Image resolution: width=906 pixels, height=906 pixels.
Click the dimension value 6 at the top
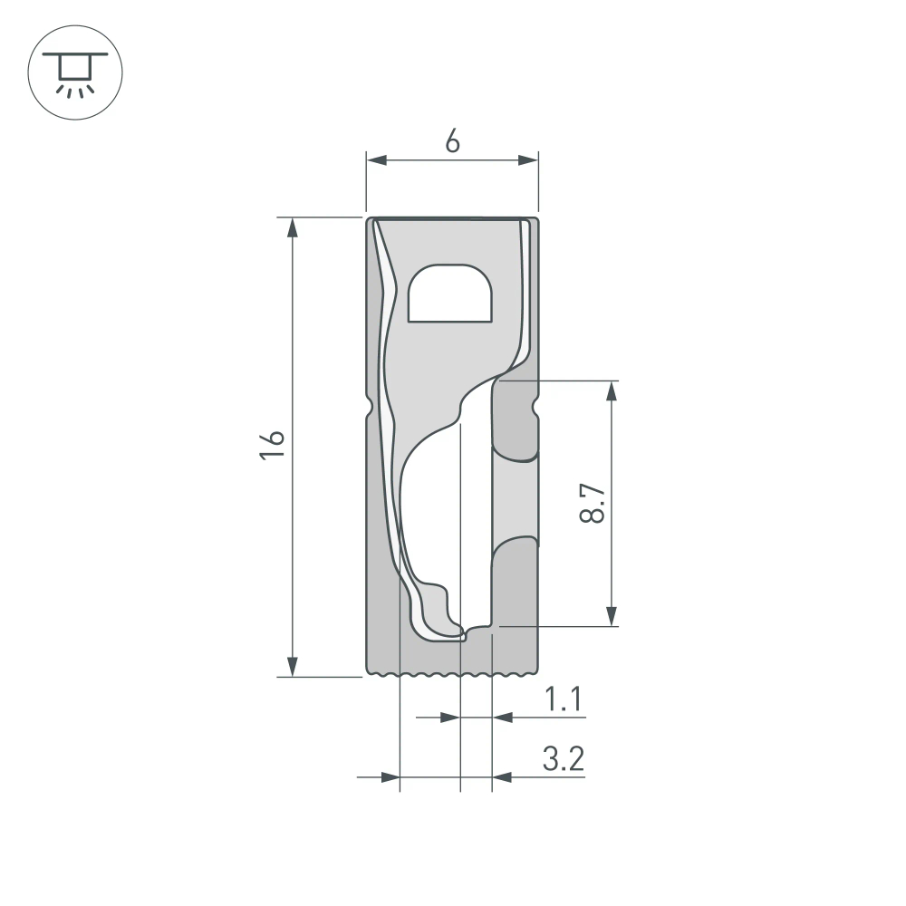(x=452, y=141)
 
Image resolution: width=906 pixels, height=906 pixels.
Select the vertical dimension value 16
(x=273, y=446)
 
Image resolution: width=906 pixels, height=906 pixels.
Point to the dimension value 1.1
(x=562, y=699)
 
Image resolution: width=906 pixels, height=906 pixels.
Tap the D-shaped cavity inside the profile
(x=450, y=294)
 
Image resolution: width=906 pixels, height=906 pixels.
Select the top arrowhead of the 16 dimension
(x=292, y=227)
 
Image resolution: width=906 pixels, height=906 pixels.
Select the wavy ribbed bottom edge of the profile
(x=452, y=674)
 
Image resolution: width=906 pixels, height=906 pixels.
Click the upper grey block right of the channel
(x=515, y=421)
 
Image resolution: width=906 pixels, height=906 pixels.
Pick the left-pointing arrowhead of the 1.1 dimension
(x=502, y=718)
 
